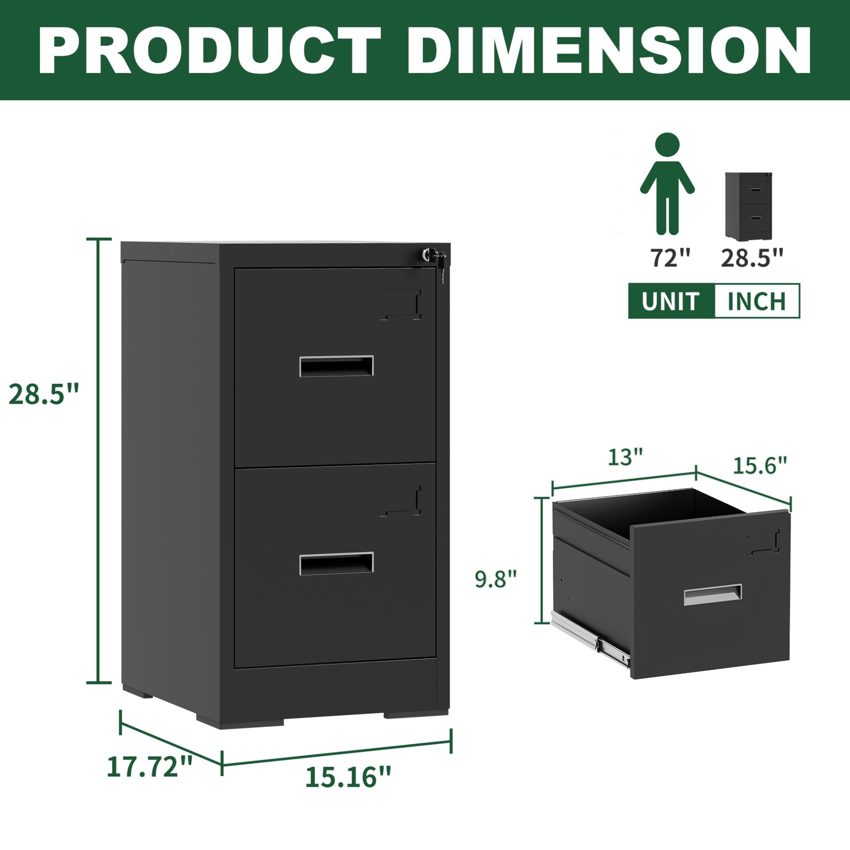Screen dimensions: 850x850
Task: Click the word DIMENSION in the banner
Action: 609,50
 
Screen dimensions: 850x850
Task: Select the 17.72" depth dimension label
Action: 150,767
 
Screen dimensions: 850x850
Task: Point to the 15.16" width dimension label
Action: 348,777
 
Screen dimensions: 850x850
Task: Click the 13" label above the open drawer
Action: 625,457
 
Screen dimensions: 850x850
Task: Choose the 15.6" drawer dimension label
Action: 760,465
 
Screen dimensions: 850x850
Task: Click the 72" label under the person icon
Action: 670,258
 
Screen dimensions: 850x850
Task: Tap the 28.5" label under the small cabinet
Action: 752,258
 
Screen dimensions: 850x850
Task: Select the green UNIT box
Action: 671,301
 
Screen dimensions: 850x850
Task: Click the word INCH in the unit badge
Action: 757,301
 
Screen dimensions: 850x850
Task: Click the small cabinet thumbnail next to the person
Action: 748,206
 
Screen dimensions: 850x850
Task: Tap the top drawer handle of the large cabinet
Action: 336,366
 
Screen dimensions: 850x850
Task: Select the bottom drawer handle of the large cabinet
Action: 336,564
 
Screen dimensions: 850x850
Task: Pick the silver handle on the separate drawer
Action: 713,595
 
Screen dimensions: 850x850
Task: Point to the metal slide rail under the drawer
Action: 591,640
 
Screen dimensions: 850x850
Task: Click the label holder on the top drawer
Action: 400,305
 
